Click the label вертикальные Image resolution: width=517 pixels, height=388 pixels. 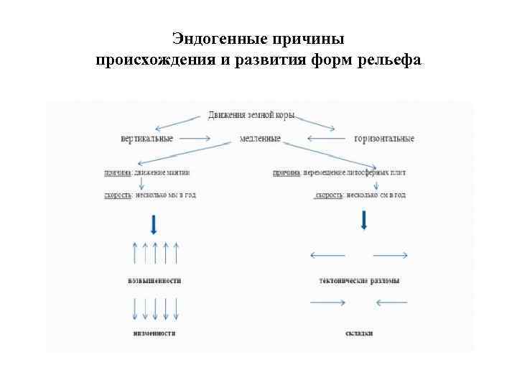tap(147, 138)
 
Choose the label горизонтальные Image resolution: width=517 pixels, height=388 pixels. tap(384, 138)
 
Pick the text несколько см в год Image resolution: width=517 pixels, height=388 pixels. tap(376, 195)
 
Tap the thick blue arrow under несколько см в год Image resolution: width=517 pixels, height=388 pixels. tap(364, 219)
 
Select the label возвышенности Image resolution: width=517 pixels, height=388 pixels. tap(154, 280)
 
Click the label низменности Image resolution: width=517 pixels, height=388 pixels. tap(154, 333)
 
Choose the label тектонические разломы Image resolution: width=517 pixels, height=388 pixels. tap(359, 280)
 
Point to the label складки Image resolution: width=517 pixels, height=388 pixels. tap(359, 333)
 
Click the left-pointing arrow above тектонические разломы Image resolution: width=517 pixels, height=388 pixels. tap(327, 255)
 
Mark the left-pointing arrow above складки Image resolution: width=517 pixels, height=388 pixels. tap(391, 302)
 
